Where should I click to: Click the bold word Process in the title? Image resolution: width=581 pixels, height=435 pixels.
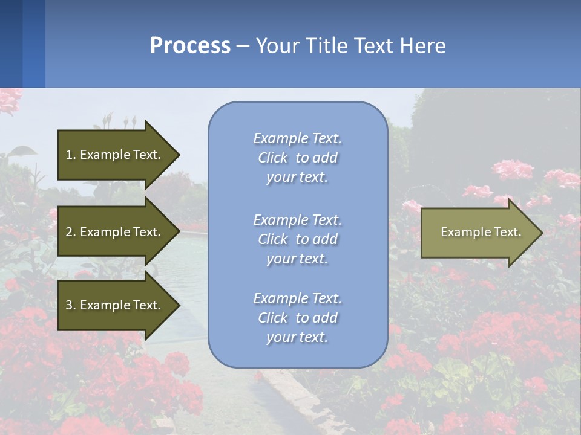pos(190,46)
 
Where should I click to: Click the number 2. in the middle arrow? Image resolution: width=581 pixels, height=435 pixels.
pos(71,232)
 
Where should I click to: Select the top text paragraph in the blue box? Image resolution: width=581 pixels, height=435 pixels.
pos(298,158)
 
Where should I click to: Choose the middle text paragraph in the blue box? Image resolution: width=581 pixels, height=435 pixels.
pos(298,239)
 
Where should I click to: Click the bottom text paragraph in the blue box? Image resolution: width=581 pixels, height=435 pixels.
pos(298,318)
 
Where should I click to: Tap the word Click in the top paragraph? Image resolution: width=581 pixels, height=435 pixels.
pos(272,158)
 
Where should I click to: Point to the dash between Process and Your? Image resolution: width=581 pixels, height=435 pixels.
pos(243,47)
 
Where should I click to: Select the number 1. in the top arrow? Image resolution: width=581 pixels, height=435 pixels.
pos(71,155)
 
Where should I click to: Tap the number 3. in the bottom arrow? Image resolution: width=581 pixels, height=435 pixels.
pos(71,305)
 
